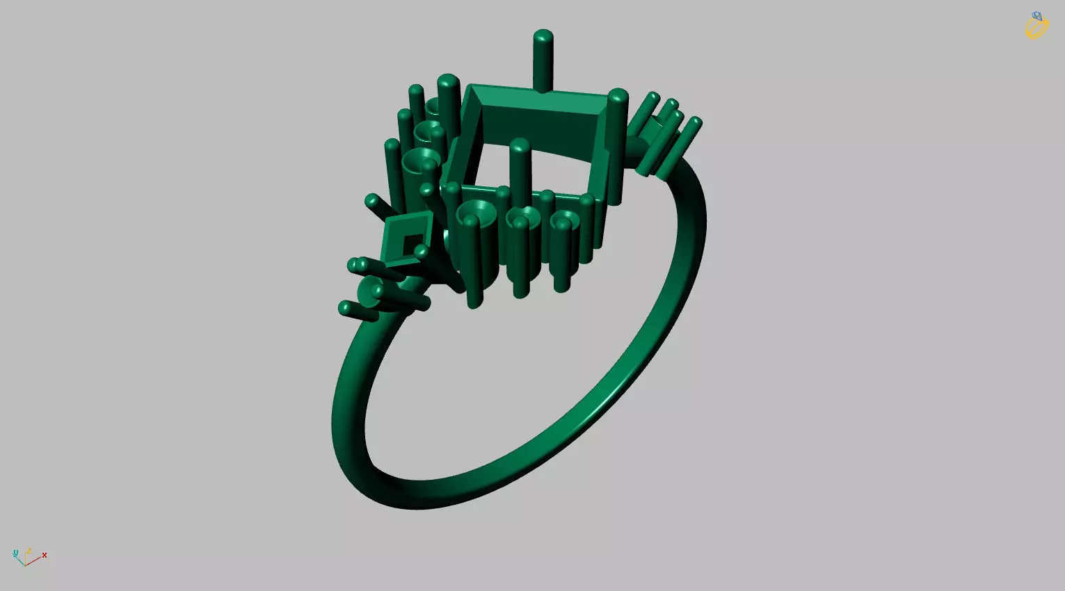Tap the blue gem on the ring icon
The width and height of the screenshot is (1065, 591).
tap(1037, 16)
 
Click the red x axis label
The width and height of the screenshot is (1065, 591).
tap(45, 555)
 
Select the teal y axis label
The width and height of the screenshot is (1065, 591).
tap(15, 553)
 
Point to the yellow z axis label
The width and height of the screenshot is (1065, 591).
tap(29, 552)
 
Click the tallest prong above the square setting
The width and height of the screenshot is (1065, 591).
tap(543, 59)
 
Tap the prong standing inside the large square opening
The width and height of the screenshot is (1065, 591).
tap(519, 167)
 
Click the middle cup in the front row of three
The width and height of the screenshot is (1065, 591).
tap(522, 217)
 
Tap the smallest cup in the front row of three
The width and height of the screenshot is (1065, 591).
tap(564, 221)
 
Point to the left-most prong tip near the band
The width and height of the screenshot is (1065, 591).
tap(345, 307)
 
